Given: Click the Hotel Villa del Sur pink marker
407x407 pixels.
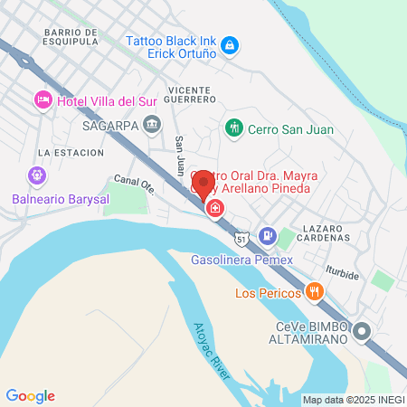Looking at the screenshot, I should tap(43, 99).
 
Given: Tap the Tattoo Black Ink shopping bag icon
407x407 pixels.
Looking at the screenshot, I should tap(231, 44).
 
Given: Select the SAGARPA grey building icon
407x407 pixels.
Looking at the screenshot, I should tap(152, 125).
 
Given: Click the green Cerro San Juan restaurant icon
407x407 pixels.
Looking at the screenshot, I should tap(234, 128).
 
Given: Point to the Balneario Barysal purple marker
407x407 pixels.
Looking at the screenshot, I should tap(36, 175).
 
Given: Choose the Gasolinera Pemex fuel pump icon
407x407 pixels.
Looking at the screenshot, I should tap(268, 235).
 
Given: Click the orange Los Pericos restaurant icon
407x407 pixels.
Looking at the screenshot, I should tap(314, 291).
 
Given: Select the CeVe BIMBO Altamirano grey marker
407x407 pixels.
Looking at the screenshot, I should tap(363, 331).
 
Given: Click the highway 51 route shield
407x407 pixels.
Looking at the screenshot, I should tap(240, 239).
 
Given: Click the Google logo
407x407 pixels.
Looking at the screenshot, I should tap(30, 395).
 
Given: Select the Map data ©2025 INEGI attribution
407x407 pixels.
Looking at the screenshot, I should tap(352, 400).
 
